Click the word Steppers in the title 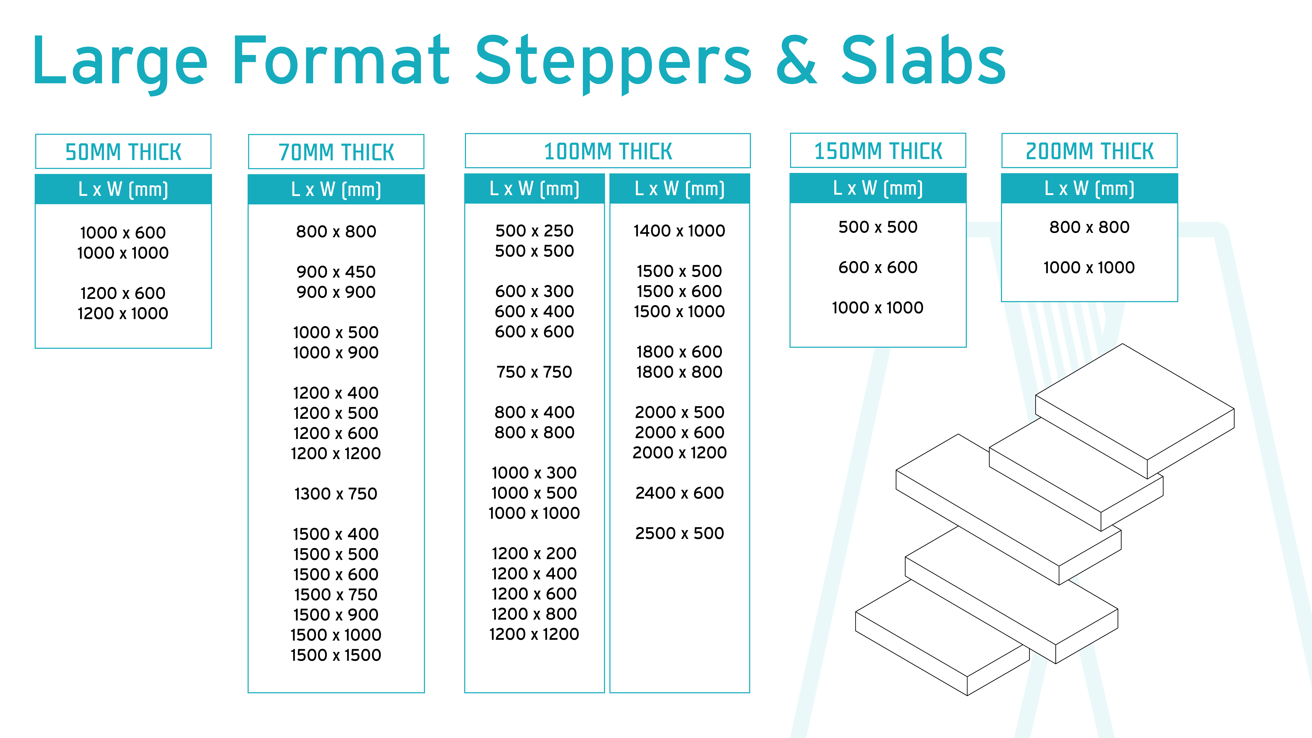(x=613, y=64)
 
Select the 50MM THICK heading (x=123, y=152)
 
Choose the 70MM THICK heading (x=336, y=152)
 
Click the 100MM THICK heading (x=608, y=151)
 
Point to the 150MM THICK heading (x=878, y=151)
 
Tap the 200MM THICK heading (x=1089, y=151)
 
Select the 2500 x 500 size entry (x=679, y=533)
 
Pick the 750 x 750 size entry (x=534, y=372)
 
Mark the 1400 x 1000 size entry (x=679, y=231)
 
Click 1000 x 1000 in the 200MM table (x=1089, y=267)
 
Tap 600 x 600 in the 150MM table (x=878, y=267)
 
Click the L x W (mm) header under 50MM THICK (x=123, y=190)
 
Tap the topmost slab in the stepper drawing (x=1135, y=411)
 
